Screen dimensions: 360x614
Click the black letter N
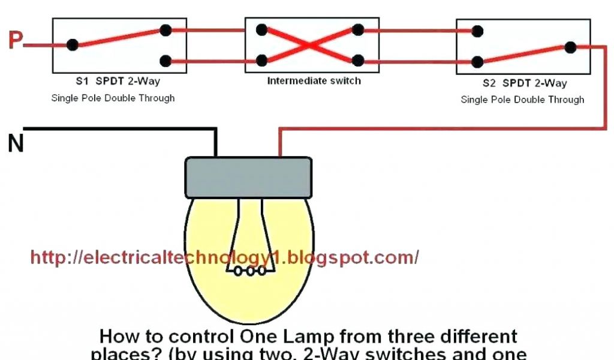(x=16, y=143)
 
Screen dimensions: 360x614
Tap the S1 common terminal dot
(x=73, y=44)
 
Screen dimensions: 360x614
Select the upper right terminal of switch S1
(x=165, y=30)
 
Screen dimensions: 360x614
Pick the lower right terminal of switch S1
(x=165, y=60)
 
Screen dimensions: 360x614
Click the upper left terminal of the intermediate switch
(x=261, y=29)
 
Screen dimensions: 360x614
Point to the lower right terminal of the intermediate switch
(x=358, y=60)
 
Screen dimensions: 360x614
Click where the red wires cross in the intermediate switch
(x=310, y=44)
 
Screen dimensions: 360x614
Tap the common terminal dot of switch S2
(x=570, y=47)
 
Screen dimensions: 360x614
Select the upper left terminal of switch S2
(x=477, y=31)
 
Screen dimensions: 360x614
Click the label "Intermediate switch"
(x=314, y=80)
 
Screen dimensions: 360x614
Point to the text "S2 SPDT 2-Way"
(x=524, y=83)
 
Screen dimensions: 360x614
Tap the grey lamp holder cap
(x=248, y=178)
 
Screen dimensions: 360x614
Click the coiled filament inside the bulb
(x=248, y=271)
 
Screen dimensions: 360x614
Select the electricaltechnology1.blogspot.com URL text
(x=224, y=257)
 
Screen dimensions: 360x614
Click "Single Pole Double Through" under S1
(x=113, y=98)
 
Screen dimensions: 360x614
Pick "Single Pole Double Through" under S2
(x=522, y=100)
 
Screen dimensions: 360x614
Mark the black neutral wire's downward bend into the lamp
(x=216, y=129)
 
